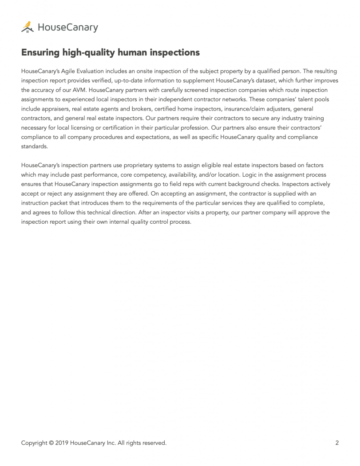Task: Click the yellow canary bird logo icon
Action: tap(27, 27)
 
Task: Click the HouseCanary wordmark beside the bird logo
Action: tap(67, 28)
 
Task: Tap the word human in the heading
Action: tap(130, 53)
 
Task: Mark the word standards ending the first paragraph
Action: tap(34, 146)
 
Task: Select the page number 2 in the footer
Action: tap(337, 442)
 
